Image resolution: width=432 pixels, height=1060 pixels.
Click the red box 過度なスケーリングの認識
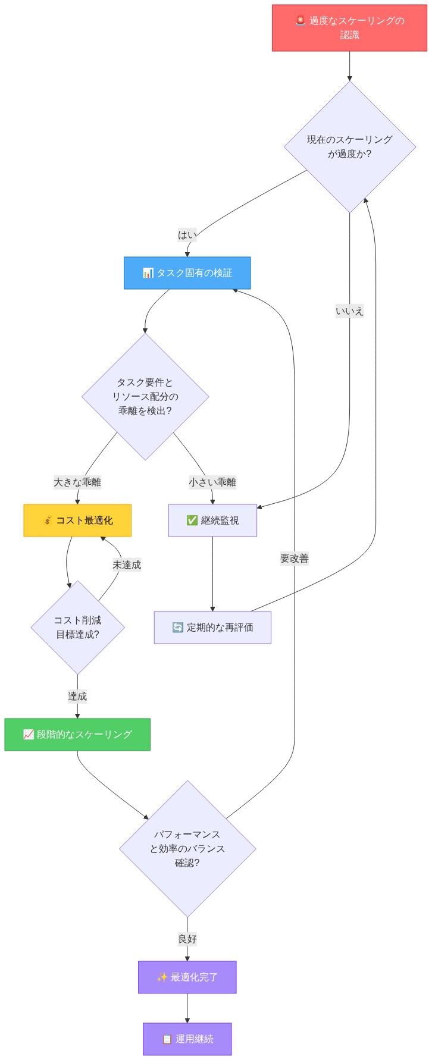click(x=349, y=28)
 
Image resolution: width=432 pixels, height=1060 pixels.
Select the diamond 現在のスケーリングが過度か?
click(x=349, y=147)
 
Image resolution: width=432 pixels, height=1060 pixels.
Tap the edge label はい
click(x=187, y=235)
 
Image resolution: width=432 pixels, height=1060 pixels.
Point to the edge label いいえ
click(x=349, y=311)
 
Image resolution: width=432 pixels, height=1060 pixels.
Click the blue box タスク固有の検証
click(x=187, y=273)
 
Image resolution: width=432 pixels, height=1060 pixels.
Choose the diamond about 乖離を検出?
click(x=145, y=397)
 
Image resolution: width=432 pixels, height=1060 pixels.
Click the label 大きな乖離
click(x=77, y=482)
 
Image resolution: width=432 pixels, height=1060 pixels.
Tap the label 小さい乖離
click(x=212, y=482)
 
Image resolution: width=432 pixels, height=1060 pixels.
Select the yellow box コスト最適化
click(x=77, y=520)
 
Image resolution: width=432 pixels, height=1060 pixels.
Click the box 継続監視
click(x=212, y=520)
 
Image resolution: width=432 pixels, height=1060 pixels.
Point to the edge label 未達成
click(x=127, y=565)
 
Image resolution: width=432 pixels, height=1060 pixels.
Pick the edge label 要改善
click(x=295, y=559)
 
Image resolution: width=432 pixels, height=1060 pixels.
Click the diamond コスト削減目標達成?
click(x=77, y=628)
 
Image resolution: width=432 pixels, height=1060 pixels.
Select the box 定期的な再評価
click(x=212, y=628)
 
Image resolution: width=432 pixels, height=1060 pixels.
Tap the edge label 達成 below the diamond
click(x=77, y=696)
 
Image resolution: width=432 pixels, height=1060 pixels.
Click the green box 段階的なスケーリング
click(x=77, y=735)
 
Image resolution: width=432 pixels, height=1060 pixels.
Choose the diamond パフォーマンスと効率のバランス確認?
click(x=187, y=849)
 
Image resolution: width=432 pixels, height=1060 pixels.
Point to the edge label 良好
click(x=187, y=939)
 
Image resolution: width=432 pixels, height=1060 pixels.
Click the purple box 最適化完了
click(x=187, y=977)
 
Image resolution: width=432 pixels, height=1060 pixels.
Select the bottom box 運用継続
click(x=187, y=1039)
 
